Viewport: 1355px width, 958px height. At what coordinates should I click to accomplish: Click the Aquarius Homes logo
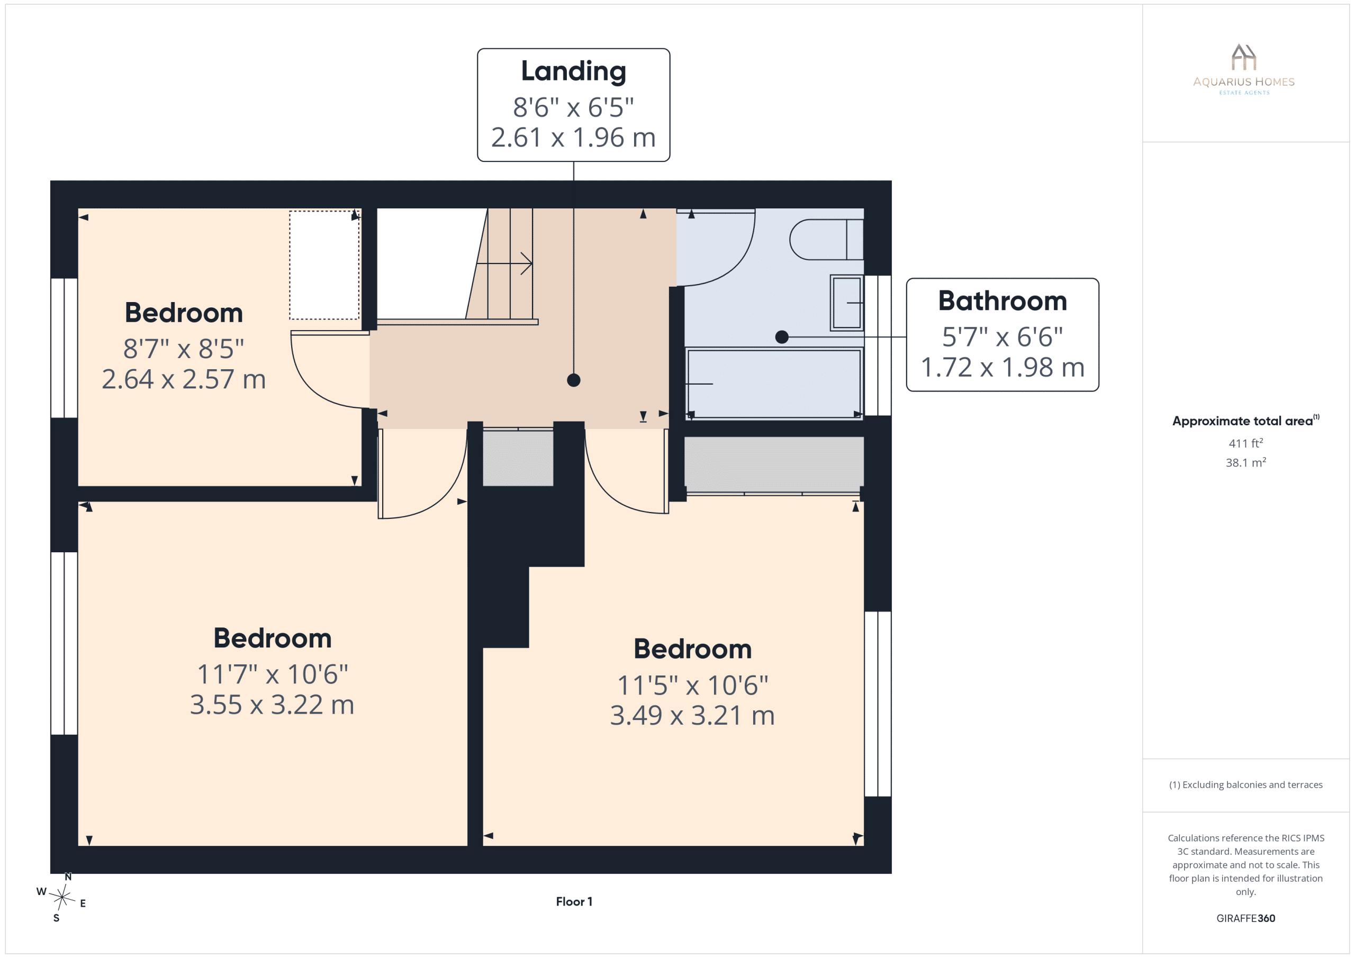1243,69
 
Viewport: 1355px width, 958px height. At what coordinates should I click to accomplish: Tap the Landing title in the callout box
574,71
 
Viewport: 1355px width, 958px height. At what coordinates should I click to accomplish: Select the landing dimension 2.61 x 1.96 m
574,138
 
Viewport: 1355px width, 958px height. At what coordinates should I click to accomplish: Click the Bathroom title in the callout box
1002,301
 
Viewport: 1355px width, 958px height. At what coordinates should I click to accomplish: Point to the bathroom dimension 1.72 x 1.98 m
1002,368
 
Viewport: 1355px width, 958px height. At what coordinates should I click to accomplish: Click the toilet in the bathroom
826,240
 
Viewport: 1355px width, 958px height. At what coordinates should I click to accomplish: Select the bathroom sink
847,303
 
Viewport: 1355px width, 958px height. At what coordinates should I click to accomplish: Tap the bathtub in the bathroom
774,384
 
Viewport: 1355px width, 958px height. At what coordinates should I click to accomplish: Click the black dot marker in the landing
574,380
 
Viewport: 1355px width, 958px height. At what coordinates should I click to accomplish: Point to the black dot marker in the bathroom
782,337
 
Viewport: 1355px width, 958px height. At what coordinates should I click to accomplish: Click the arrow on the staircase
504,263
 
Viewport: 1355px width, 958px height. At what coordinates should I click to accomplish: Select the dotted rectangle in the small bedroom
324,265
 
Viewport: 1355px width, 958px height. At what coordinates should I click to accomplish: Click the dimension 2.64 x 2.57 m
184,379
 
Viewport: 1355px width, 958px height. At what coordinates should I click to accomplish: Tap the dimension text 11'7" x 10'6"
273,674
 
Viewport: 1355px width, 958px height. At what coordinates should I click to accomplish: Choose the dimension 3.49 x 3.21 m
692,716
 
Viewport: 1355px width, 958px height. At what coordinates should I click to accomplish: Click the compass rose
62,897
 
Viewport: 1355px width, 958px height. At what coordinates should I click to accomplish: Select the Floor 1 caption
574,901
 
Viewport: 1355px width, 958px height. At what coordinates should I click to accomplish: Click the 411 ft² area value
1246,443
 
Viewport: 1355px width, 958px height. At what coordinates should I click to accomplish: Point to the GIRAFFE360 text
1246,918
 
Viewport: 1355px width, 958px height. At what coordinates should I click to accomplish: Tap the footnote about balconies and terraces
1246,784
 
